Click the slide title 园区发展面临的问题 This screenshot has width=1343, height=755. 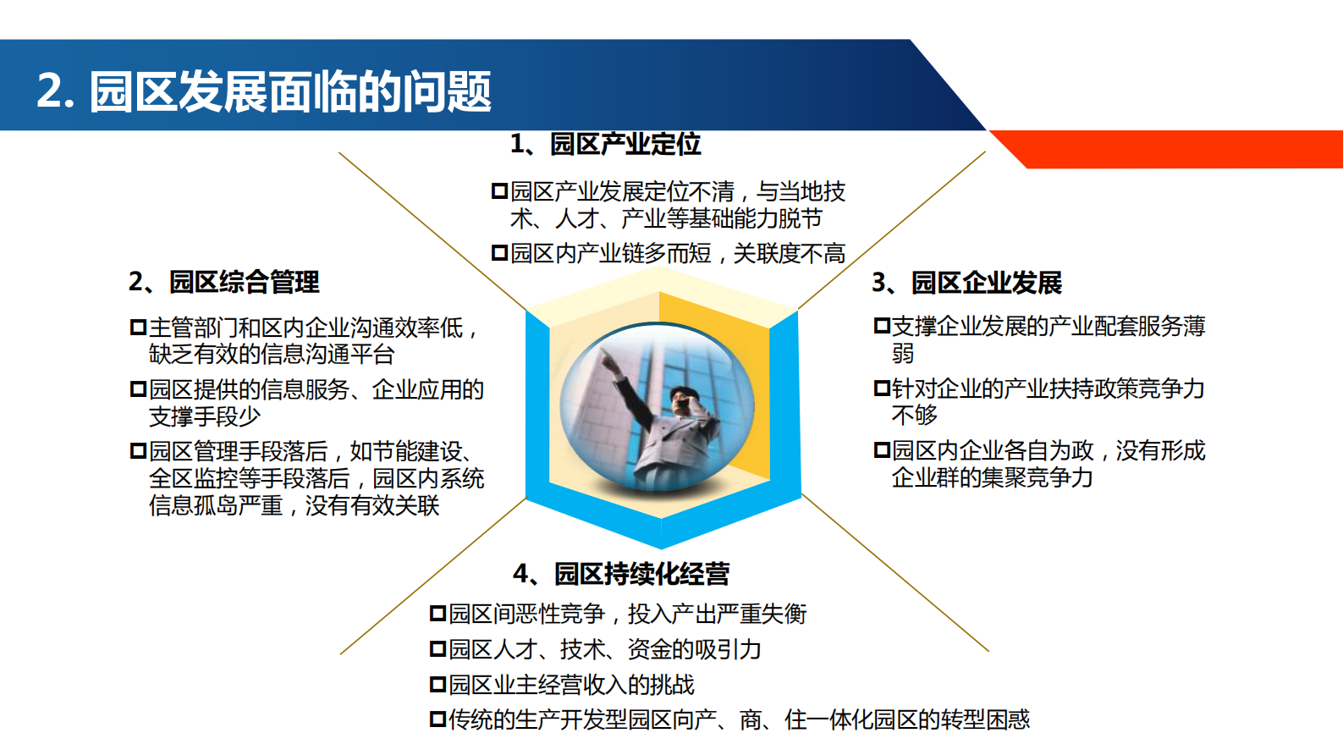pos(289,91)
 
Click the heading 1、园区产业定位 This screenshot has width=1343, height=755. pos(605,144)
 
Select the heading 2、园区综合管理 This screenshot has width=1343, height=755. pos(224,282)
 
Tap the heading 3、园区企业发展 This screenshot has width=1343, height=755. pos(966,283)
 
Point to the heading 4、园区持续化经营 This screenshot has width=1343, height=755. pos(621,574)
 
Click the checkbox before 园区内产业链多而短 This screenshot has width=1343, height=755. pos(499,253)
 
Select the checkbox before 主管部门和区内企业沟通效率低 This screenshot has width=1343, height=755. pos(138,327)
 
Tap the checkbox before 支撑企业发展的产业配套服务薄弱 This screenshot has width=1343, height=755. pos(882,326)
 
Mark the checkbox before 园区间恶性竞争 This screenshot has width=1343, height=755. pos(438,614)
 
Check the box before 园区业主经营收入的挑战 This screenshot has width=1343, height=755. pos(438,684)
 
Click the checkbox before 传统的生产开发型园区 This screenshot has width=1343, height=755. pos(438,719)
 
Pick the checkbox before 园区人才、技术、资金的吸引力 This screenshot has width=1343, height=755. pos(438,649)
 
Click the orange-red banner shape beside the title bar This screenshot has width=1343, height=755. pos(1176,148)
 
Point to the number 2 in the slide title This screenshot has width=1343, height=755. pos(49,91)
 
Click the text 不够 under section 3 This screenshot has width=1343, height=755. pos(914,415)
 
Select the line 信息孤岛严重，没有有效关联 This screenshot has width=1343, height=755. pos(294,505)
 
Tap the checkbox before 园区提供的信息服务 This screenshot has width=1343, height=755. pos(138,389)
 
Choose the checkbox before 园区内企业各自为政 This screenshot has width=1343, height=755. pos(882,450)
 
